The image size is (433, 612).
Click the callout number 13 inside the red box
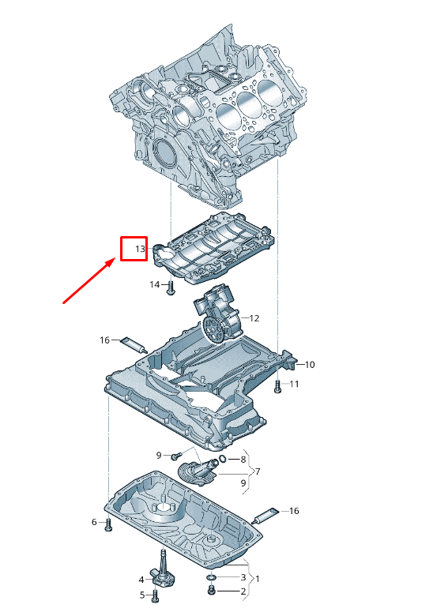pyautogui.click(x=139, y=250)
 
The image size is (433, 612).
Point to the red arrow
pyautogui.click(x=91, y=280)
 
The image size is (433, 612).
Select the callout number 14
pyautogui.click(x=154, y=284)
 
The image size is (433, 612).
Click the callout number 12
pyautogui.click(x=254, y=318)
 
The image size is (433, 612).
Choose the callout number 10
pyautogui.click(x=310, y=365)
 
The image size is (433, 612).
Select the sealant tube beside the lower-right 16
pyautogui.click(x=267, y=515)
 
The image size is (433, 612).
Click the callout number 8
pyautogui.click(x=243, y=459)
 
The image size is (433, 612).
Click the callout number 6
pyautogui.click(x=94, y=522)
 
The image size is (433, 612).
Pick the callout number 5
pyautogui.click(x=143, y=595)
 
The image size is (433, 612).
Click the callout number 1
pyautogui.click(x=257, y=579)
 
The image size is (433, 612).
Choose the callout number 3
pyautogui.click(x=243, y=577)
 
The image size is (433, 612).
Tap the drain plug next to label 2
pyautogui.click(x=212, y=591)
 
